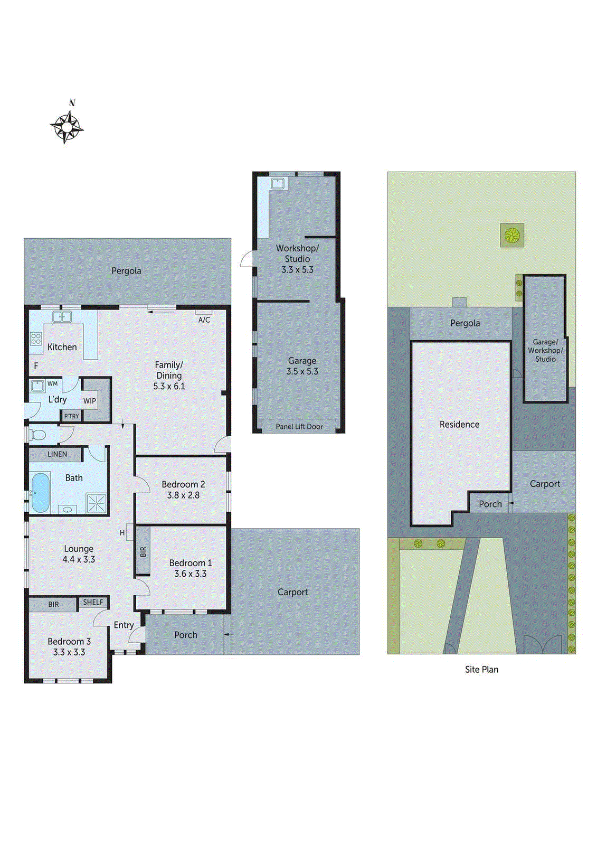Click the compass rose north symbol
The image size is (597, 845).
tap(67, 127)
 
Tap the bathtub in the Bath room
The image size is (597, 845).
tap(40, 493)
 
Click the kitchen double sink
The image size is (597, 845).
tap(62, 317)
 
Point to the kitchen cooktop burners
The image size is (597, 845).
tap(36, 339)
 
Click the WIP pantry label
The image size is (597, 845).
tap(90, 401)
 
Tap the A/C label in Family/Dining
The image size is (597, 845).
tap(204, 320)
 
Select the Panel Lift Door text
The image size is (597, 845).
tap(299, 426)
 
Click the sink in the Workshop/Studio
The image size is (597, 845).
tap(278, 183)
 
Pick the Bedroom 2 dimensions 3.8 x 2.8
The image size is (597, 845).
tap(183, 495)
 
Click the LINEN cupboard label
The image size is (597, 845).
tap(57, 454)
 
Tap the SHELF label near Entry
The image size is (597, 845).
tap(93, 602)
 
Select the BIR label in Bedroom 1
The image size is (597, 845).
tap(143, 552)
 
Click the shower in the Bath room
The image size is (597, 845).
tap(97, 503)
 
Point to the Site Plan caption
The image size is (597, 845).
tap(481, 670)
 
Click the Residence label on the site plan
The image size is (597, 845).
tap(459, 425)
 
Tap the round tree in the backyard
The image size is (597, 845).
tap(511, 235)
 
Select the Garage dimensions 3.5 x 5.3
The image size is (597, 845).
tap(302, 371)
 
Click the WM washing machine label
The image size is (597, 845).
tap(53, 383)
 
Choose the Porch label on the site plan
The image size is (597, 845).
tap(490, 504)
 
